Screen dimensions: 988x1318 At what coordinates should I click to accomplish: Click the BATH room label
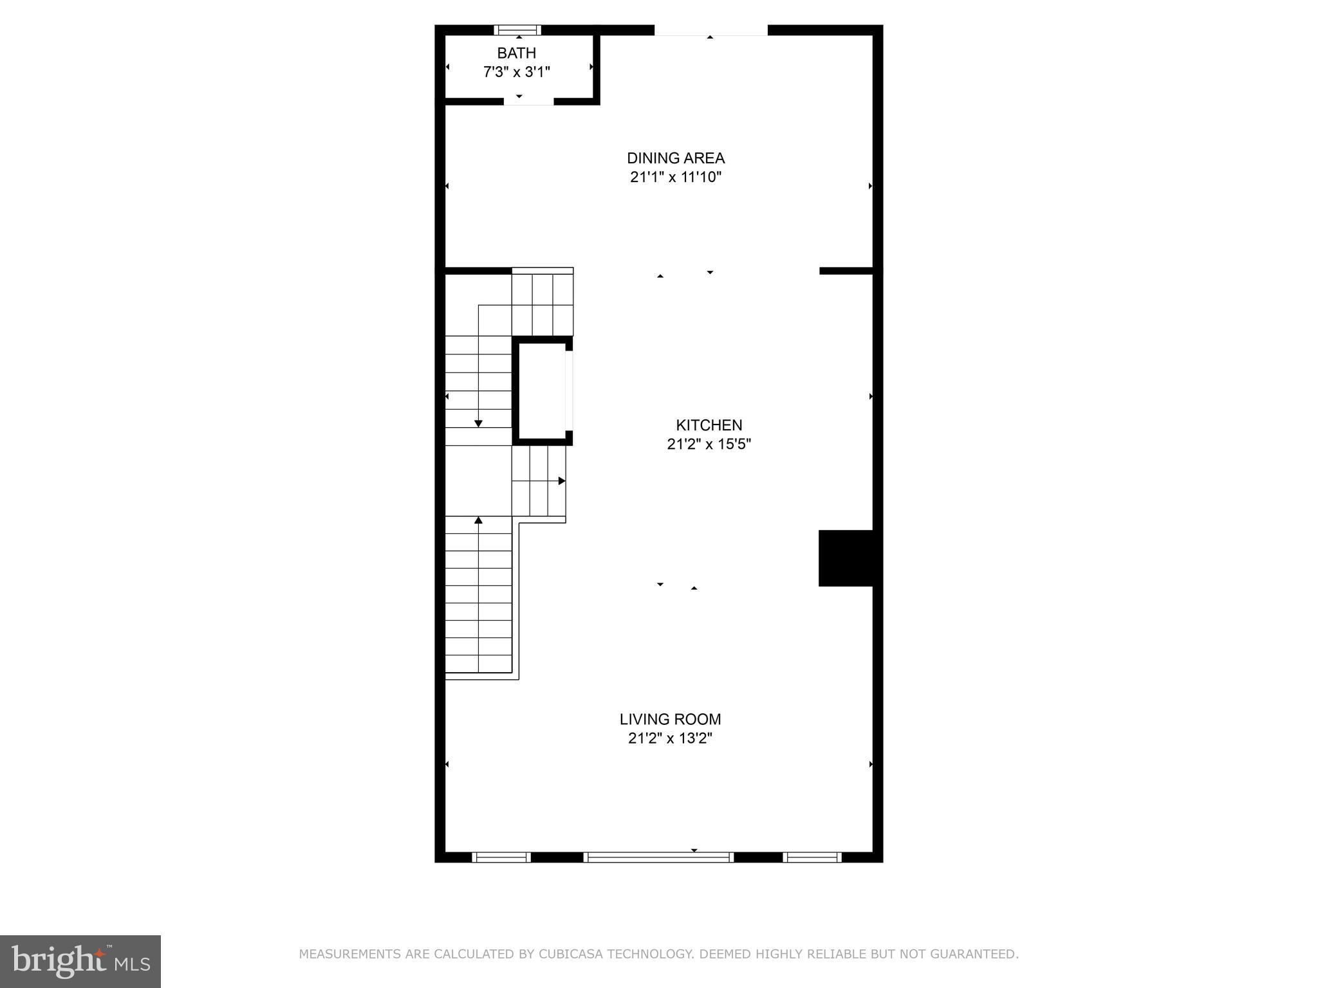[516, 53]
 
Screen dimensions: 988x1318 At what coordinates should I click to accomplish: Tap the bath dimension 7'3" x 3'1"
[516, 72]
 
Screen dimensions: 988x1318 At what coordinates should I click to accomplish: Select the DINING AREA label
[676, 158]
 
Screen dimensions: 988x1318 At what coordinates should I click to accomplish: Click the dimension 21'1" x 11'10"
[676, 178]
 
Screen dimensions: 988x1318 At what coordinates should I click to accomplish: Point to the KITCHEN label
[709, 425]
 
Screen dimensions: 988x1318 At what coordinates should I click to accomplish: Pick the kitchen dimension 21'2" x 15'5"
[709, 444]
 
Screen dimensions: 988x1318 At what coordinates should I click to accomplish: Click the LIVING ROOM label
[670, 719]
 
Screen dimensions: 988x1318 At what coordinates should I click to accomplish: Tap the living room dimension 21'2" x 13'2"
[670, 738]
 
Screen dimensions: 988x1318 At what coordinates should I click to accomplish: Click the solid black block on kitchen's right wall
[845, 558]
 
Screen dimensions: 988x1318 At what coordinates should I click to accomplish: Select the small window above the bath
[517, 30]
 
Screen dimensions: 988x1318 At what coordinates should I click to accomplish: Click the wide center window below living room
[658, 857]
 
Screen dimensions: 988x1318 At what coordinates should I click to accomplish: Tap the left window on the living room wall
[501, 857]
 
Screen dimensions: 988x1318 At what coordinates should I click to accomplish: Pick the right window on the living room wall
[812, 857]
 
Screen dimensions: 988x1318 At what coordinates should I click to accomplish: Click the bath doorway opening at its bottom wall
[528, 102]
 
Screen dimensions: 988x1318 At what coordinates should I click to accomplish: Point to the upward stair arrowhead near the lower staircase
[478, 520]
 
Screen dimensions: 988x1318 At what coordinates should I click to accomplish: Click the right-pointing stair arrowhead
[562, 480]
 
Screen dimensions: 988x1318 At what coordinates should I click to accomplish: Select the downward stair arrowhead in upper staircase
[478, 423]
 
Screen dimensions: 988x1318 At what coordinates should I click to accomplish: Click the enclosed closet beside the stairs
[541, 390]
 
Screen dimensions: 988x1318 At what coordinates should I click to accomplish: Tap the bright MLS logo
[80, 961]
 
